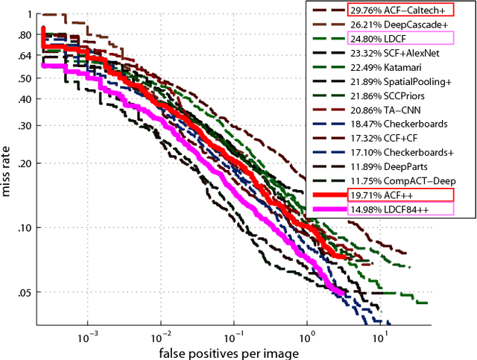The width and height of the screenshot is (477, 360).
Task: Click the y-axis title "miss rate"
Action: pyautogui.click(x=7, y=170)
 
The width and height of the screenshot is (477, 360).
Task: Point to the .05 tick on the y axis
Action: pyautogui.click(x=25, y=292)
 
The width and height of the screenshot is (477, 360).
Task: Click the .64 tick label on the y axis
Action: pyautogui.click(x=25, y=55)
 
